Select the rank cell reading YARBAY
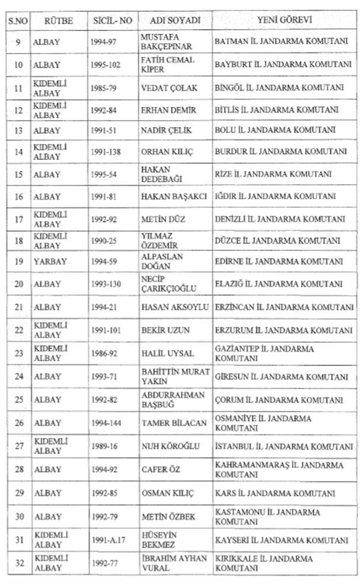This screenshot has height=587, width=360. click(50, 261)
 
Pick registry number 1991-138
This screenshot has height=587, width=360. click(106, 152)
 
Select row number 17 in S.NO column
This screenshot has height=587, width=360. click(18, 219)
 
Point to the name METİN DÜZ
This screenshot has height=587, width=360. click(163, 219)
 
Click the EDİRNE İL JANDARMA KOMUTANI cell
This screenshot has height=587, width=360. click(279, 261)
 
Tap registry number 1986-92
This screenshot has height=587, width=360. click(104, 353)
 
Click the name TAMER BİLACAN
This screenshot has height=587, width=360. click(174, 423)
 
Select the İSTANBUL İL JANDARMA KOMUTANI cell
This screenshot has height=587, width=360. click(284, 446)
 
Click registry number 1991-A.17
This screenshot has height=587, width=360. click(108, 540)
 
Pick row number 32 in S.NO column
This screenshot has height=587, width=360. click(18, 563)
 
